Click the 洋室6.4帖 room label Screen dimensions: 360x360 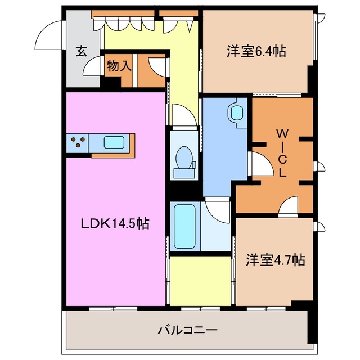[256, 52]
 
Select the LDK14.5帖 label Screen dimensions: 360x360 [114, 223]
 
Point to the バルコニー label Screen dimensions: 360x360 [187, 330]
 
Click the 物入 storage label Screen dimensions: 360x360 [119, 65]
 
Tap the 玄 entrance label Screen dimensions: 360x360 [82, 52]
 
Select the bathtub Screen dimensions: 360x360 [184, 226]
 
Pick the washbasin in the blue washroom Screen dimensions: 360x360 [236, 111]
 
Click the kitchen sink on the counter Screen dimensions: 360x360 [114, 142]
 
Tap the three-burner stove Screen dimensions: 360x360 [78, 142]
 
